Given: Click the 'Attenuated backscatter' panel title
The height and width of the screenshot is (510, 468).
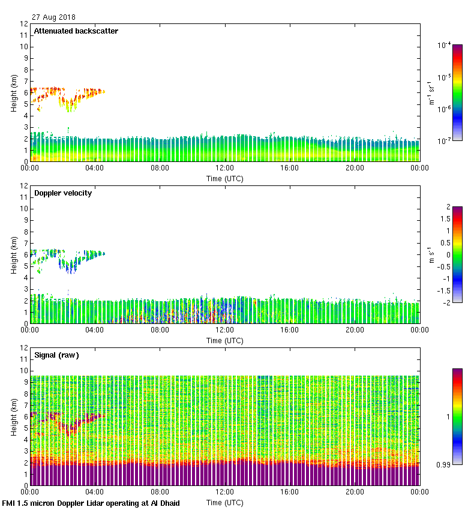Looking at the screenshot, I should click(x=76, y=31).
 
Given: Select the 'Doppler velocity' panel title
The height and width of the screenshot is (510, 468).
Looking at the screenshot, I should click(x=63, y=193).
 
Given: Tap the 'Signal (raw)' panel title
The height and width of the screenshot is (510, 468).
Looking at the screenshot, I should click(x=56, y=355).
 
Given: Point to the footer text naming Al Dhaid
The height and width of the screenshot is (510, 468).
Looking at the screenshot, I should click(x=91, y=503).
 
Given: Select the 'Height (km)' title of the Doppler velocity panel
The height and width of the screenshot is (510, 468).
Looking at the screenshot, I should click(x=14, y=255).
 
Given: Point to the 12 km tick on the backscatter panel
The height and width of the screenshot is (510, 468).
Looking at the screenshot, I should click(x=24, y=24).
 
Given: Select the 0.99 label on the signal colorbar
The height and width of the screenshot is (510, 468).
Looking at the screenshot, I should click(x=443, y=464).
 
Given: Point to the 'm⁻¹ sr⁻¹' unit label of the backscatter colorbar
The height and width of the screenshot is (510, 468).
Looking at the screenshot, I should click(x=431, y=93).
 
